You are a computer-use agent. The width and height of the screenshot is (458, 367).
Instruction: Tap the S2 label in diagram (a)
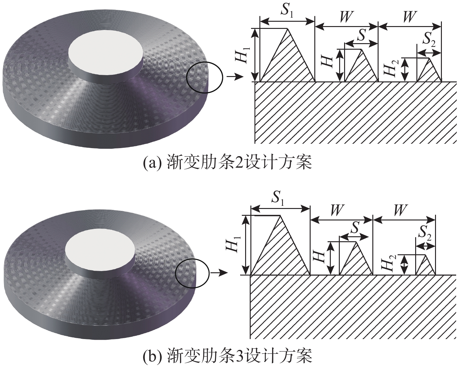click(x=429, y=40)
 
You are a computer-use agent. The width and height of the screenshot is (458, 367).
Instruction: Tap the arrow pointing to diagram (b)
click(x=219, y=273)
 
